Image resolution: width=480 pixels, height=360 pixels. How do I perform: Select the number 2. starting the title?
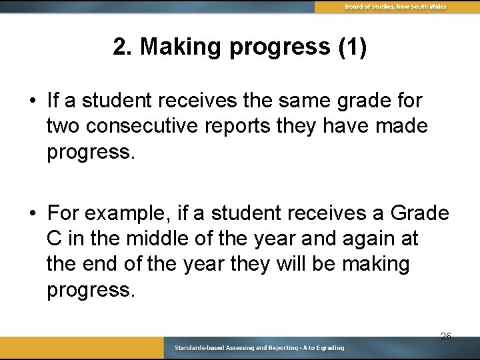(123, 47)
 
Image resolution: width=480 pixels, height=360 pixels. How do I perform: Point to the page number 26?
(445, 336)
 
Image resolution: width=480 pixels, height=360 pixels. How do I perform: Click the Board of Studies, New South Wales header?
(395, 7)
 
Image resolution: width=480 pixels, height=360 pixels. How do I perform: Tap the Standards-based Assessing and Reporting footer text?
(259, 348)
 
